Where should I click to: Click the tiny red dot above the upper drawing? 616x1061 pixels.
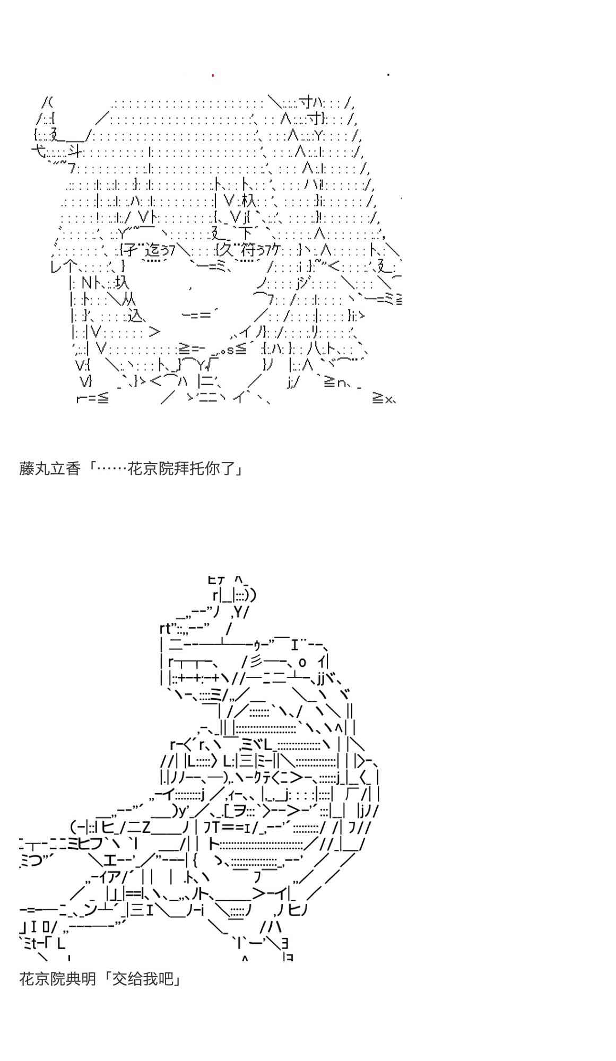213,75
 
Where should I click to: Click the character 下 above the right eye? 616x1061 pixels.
245,233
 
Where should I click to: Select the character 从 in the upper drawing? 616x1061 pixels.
128,300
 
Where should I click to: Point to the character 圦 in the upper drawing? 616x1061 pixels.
121,282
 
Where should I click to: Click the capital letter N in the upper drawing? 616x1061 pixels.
86,283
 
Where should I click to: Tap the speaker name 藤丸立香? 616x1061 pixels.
50,469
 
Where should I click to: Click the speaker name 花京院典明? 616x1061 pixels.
58,978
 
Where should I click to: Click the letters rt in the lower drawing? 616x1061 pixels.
165,629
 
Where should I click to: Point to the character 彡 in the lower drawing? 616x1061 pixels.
256,662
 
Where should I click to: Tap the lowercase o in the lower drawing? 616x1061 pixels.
302,662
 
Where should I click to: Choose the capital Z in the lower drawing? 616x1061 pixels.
147,827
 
